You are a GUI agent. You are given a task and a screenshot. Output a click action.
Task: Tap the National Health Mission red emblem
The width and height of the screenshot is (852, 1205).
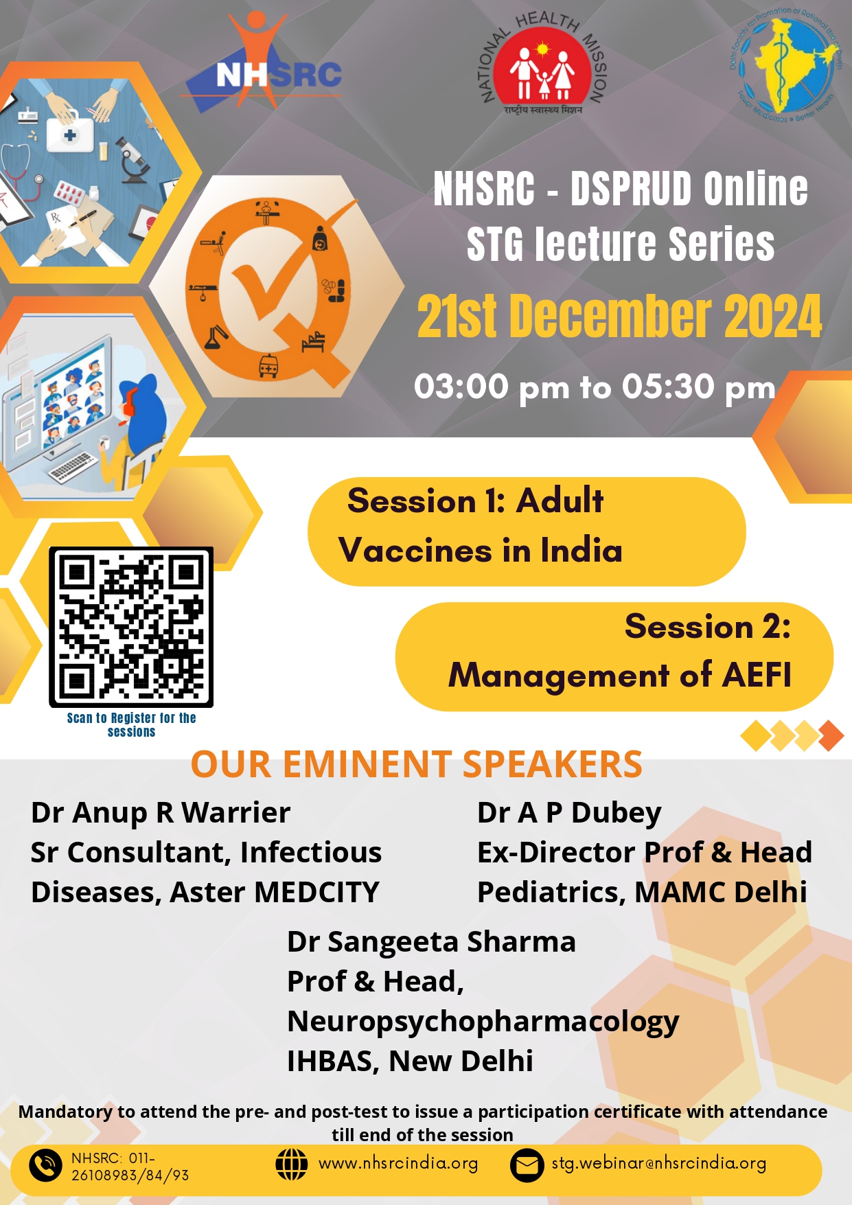tap(542, 69)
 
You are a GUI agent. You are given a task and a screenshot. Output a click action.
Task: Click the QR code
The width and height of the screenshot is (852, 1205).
tap(131, 627)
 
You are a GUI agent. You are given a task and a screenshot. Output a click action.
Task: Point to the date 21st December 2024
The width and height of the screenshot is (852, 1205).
tap(619, 317)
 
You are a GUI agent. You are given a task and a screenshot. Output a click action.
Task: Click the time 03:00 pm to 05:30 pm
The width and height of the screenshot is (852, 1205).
tap(595, 387)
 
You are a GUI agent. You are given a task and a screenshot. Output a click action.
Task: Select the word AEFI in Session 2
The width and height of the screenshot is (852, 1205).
tap(757, 675)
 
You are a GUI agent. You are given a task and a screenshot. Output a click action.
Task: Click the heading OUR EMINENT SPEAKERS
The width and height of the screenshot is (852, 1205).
tap(416, 764)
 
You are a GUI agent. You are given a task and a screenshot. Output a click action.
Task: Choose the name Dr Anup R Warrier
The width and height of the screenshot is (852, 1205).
tap(161, 813)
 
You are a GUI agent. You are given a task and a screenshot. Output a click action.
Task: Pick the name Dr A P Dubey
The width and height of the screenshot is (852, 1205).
tap(569, 813)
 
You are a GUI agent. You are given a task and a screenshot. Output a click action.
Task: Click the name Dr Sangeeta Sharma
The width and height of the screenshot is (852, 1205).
tap(431, 942)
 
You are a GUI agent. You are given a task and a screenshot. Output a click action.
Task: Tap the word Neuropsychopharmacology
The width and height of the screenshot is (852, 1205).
tap(483, 1022)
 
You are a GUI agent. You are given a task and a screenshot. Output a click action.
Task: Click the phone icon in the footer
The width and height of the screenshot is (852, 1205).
tap(46, 1165)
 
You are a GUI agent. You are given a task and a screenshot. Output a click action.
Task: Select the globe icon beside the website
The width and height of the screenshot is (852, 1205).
tap(291, 1164)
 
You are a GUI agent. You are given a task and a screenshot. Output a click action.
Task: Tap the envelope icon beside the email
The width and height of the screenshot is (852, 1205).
tap(527, 1165)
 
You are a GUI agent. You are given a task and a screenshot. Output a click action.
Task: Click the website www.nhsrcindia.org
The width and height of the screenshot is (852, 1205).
tap(398, 1164)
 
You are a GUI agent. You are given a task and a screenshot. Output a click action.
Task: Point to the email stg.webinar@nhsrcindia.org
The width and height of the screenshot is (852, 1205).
tap(659, 1164)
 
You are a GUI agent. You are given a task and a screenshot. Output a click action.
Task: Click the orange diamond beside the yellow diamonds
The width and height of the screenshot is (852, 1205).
tap(831, 735)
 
